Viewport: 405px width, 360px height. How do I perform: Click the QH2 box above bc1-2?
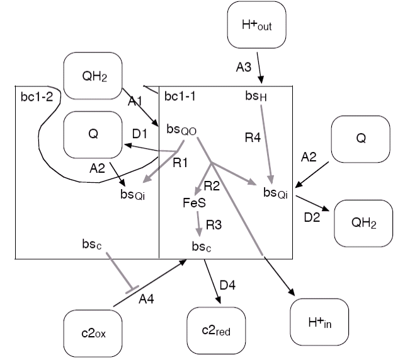pos(93,76)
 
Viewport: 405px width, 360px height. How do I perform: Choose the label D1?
pos(140,134)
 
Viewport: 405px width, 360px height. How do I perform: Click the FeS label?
pos(195,203)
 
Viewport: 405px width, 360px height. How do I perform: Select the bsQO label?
pos(181,130)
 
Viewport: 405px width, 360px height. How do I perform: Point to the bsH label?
pos(256,96)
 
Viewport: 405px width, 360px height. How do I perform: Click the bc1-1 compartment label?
pos(179,96)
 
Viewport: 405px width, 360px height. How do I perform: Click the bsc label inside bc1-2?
pos(92,244)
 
